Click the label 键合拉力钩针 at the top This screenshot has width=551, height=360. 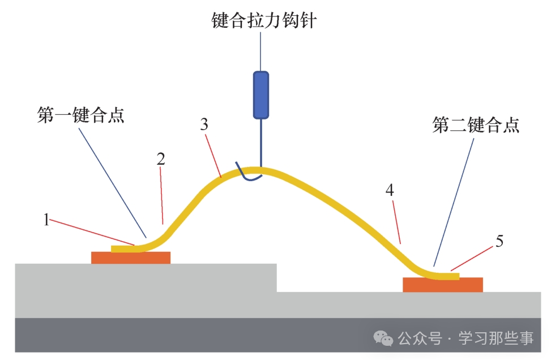(x=264, y=20)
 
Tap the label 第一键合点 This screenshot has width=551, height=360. (x=81, y=115)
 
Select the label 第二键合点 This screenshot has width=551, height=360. (x=476, y=125)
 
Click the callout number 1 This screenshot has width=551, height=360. (x=46, y=220)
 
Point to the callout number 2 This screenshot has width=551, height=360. (x=161, y=159)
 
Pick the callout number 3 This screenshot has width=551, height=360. (x=204, y=125)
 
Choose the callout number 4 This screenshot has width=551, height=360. (x=390, y=190)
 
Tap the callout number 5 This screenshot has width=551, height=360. (x=499, y=241)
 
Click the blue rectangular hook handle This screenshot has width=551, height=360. (x=261, y=95)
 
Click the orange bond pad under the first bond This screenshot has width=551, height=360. (x=131, y=258)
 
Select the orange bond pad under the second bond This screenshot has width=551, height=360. (x=443, y=285)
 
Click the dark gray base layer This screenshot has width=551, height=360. (x=277, y=335)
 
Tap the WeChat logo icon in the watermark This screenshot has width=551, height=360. (x=383, y=338)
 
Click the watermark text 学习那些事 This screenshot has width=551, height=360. (x=496, y=338)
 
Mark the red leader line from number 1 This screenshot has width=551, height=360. (x=92, y=232)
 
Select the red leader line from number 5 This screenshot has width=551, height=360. (x=472, y=259)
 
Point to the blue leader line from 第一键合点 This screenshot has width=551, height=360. (x=113, y=183)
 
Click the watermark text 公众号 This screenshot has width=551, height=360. (x=420, y=338)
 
